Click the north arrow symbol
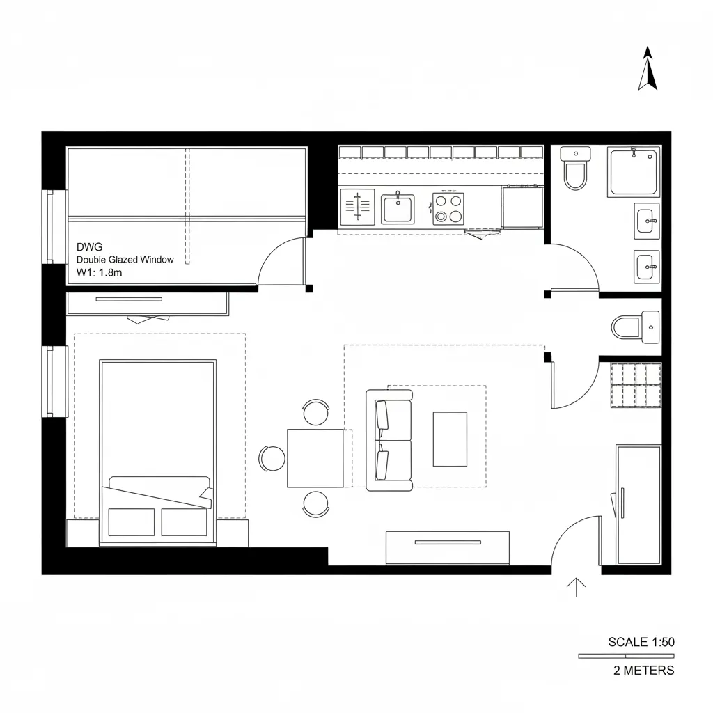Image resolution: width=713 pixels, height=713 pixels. coord(648,69)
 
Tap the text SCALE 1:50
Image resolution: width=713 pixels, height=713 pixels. coord(641,642)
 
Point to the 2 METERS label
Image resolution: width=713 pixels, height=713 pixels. coord(643,671)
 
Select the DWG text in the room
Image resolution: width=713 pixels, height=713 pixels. coord(88,246)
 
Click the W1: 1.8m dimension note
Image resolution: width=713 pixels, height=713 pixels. coord(99,272)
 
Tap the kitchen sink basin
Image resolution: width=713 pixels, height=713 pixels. coord(398,209)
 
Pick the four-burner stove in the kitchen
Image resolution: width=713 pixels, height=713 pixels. coord(448,208)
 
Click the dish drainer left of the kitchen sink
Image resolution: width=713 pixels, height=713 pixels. coord(358,208)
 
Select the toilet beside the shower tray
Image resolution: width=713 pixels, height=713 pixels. coord(576,169)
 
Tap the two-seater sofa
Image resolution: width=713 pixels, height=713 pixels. coord(389,440)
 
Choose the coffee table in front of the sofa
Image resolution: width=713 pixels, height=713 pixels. coord(450,439)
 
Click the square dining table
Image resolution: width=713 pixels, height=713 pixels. coord(315,458)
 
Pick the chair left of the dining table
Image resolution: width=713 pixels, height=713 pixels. coord(272,458)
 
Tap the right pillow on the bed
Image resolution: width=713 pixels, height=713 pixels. coord(184,522)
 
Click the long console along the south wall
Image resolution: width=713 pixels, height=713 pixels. coord(447,547)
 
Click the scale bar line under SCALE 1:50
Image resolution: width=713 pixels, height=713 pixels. coord(625,656)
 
